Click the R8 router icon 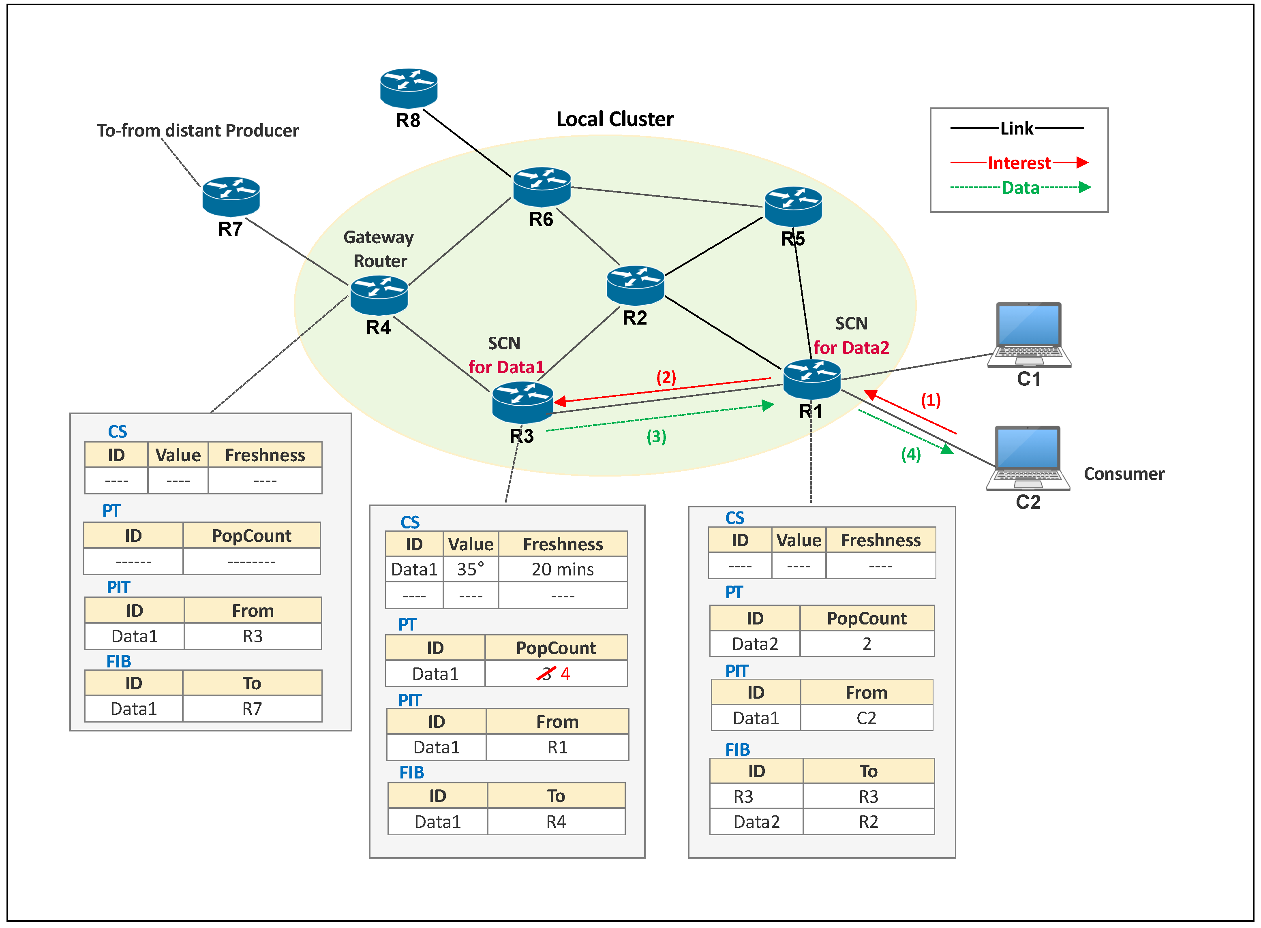coord(409,88)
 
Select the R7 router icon coord(231,197)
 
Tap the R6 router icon coord(542,186)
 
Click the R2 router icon coord(636,285)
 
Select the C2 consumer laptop coord(1028,458)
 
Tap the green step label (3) coord(656,436)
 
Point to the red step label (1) coord(931,400)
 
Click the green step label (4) coord(911,454)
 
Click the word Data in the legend coord(1021,188)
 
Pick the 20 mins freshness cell coord(563,570)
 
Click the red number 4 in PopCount coord(565,674)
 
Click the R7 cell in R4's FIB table coord(252,709)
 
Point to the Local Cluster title coord(615,119)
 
